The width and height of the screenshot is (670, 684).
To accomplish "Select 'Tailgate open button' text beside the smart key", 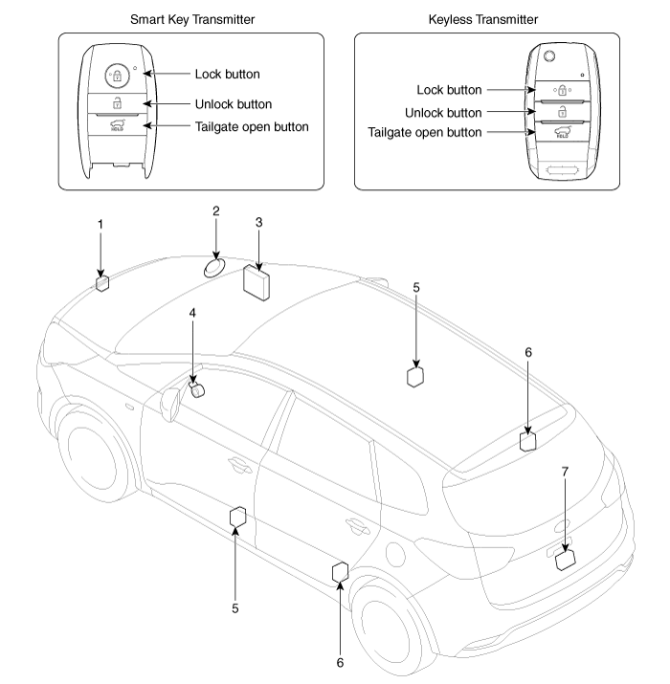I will coord(251,127).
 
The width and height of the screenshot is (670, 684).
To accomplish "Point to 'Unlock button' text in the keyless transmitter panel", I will coord(443,112).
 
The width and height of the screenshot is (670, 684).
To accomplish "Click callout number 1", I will coord(100,224).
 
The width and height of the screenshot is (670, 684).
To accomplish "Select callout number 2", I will coord(216,210).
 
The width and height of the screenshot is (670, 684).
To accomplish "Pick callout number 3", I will coord(258,222).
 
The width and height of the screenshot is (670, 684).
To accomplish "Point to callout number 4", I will coord(192,313).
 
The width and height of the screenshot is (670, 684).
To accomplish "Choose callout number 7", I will coord(565,473).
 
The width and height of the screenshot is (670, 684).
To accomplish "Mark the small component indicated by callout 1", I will coord(102,281).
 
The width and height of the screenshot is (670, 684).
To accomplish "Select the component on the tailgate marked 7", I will coord(565,560).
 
